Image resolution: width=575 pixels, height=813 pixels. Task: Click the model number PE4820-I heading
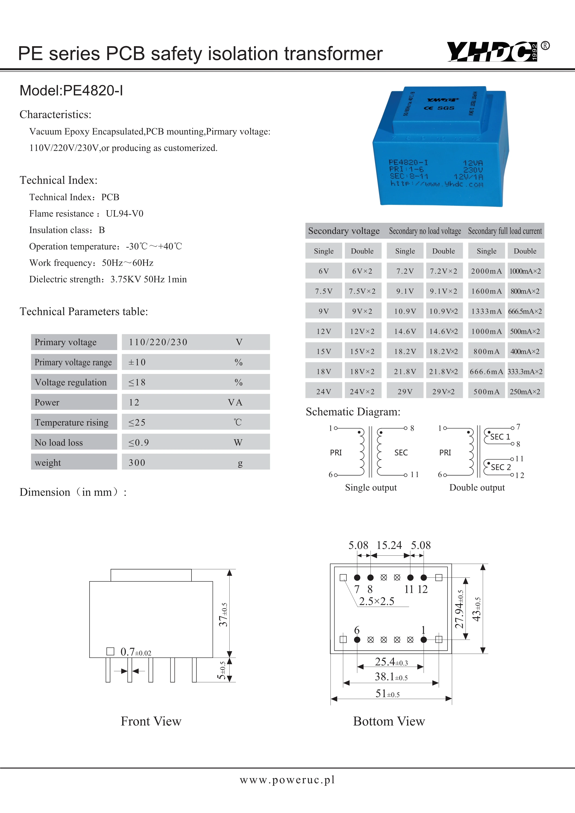[x=71, y=91]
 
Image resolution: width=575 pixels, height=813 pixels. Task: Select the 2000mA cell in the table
[x=486, y=271]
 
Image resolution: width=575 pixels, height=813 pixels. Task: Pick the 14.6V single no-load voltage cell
[x=405, y=332]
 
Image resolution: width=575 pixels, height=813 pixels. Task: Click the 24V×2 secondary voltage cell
[x=362, y=392]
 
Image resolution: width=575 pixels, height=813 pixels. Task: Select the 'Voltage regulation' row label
[x=71, y=383]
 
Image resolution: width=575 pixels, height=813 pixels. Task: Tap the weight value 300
[x=137, y=463]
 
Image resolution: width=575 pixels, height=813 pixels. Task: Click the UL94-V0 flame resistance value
[x=125, y=214]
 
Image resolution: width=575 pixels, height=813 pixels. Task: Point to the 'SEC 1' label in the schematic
[x=500, y=437]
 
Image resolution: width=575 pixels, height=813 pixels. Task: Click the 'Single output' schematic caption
[x=371, y=488]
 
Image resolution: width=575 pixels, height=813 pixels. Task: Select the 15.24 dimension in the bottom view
[x=389, y=545]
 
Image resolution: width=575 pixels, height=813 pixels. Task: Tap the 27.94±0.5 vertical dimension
[x=459, y=609]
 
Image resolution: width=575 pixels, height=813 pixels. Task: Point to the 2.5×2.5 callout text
[x=376, y=601]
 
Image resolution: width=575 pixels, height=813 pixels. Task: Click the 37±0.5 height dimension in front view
[x=223, y=615]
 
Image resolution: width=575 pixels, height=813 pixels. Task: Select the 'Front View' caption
[x=151, y=721]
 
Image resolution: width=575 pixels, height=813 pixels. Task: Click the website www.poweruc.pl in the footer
[x=287, y=780]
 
